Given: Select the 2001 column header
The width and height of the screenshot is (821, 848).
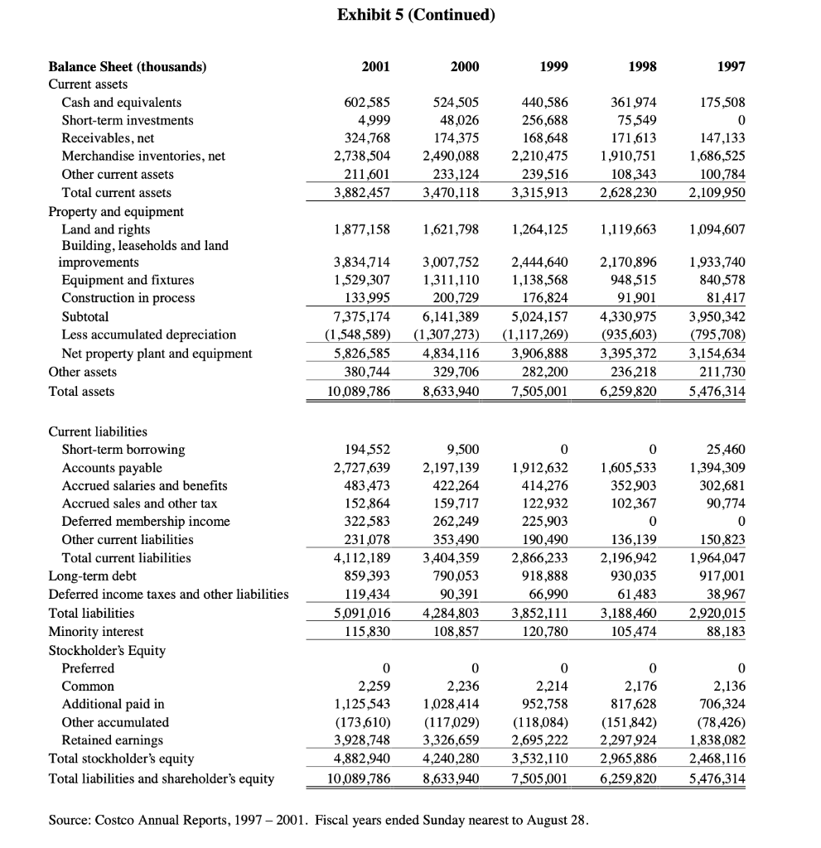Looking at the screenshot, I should [376, 67].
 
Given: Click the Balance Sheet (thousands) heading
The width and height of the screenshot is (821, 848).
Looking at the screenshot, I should [128, 67].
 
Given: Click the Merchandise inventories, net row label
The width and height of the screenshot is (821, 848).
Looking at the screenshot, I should [143, 157].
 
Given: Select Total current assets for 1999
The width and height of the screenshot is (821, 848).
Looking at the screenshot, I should [539, 193].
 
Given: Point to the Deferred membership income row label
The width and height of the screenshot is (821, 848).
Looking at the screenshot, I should [146, 522].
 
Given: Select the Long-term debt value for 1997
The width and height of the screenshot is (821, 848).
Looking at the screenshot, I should [723, 576].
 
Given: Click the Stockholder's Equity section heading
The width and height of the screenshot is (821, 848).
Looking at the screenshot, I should [107, 650].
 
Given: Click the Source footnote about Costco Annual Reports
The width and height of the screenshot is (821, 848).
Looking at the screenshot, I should [319, 821].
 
